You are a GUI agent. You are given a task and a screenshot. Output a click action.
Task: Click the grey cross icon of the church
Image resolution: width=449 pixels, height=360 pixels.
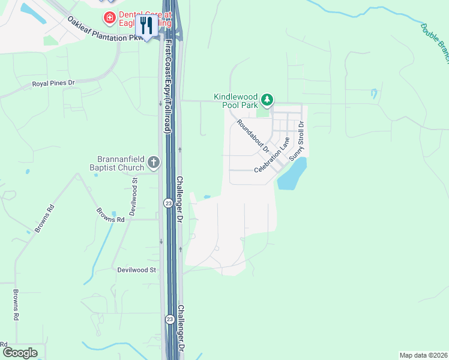tap(154, 161)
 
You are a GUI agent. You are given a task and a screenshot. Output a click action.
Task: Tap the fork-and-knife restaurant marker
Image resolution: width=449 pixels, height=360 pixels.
tap(146, 26)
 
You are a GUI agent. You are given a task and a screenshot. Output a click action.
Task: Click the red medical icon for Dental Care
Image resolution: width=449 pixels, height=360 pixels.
tap(110, 17)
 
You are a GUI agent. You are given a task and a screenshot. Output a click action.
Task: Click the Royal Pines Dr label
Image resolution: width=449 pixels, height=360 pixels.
tap(53, 83)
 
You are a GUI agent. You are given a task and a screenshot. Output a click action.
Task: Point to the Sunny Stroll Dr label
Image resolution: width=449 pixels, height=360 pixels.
tap(297, 141)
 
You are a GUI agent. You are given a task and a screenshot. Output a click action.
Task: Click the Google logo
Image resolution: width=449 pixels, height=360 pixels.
tap(20, 353)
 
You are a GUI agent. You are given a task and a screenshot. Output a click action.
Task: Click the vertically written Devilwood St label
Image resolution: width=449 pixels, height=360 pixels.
tap(134, 196)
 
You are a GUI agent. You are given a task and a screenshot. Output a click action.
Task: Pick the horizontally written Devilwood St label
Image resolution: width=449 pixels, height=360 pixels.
tap(136, 271)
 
